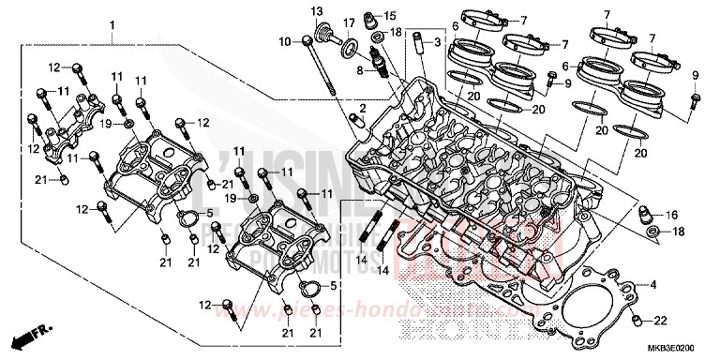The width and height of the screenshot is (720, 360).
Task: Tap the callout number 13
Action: pyautogui.click(x=317, y=10)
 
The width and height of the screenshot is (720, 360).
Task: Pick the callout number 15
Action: pyautogui.click(x=390, y=17)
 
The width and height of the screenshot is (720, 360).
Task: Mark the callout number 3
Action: pyautogui.click(x=436, y=43)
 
